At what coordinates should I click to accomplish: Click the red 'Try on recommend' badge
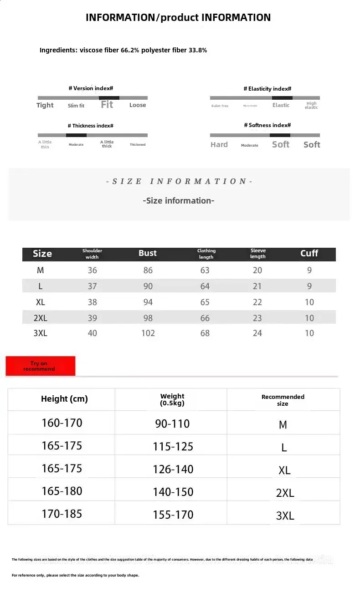tap(40, 366)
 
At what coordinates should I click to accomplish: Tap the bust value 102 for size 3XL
tap(148, 333)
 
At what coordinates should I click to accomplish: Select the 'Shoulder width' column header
tap(93, 254)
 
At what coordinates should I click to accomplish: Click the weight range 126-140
tap(173, 469)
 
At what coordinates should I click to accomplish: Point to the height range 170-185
tap(62, 514)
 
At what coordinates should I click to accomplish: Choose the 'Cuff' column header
tap(309, 253)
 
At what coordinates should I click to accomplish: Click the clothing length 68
tap(205, 333)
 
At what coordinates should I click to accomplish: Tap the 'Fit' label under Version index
tap(107, 104)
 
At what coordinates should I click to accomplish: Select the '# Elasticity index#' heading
tap(267, 88)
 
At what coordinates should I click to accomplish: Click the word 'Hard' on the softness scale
tap(219, 144)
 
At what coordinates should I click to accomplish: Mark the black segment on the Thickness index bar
tap(76, 135)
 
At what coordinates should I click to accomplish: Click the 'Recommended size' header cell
tap(283, 400)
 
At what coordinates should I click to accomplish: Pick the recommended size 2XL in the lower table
tap(285, 493)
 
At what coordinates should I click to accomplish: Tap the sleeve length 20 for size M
tap(257, 270)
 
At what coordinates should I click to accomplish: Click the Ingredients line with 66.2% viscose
tap(123, 50)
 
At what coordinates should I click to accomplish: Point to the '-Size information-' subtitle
tap(179, 200)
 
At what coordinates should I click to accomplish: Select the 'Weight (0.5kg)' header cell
tap(172, 399)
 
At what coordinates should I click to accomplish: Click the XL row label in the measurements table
tap(41, 302)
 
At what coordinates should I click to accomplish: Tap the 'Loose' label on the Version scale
tap(138, 105)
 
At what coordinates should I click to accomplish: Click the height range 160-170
tap(62, 423)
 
